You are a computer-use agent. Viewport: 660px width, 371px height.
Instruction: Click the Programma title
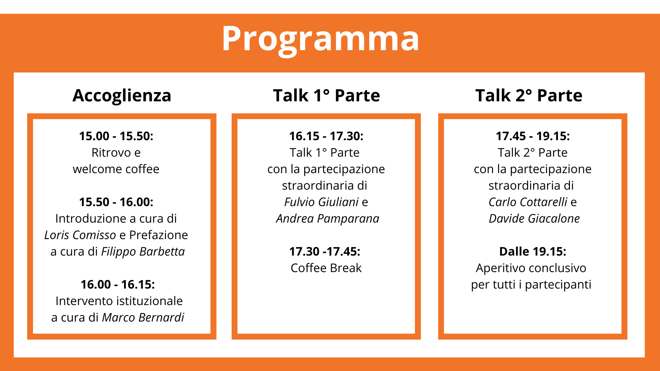320,39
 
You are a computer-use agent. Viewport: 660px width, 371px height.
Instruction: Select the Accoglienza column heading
122,96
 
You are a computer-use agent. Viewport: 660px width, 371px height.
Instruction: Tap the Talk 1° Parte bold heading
326,95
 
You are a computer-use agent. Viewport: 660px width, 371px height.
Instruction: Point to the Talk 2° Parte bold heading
529,95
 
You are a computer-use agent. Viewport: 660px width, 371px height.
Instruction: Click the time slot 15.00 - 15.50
116,136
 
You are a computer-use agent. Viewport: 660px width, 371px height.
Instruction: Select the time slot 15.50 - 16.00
116,202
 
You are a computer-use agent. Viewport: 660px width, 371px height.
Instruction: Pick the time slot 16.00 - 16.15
118,284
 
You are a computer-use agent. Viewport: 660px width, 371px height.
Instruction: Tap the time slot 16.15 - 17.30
326,136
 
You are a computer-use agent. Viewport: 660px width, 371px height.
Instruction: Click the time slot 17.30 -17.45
325,251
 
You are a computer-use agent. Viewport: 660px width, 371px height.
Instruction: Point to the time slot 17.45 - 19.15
533,136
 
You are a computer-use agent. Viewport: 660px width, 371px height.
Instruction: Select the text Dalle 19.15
532,251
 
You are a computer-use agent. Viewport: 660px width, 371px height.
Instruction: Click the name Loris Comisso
80,235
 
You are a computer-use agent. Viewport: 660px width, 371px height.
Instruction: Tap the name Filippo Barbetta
143,252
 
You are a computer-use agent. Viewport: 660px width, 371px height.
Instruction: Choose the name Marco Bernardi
143,317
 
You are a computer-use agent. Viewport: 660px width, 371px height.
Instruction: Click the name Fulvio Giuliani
321,202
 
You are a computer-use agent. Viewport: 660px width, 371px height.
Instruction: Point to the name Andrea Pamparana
328,219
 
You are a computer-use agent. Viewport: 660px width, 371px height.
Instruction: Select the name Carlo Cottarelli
528,202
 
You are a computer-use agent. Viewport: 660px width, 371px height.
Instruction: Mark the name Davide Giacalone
534,218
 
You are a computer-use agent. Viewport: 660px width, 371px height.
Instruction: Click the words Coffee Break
326,268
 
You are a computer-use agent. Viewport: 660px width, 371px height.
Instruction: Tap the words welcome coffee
116,169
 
